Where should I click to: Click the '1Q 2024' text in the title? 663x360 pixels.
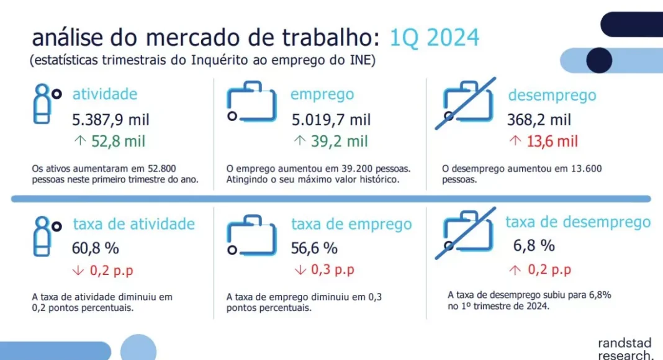click(x=435, y=38)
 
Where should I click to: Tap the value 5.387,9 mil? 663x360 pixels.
click(x=110, y=120)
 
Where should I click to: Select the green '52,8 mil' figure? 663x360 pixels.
click(x=119, y=141)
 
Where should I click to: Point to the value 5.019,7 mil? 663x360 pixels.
click(x=331, y=120)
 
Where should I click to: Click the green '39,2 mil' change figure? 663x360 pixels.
click(x=340, y=141)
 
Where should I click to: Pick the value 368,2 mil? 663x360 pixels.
click(x=539, y=120)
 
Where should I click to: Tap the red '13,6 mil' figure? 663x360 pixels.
click(x=552, y=141)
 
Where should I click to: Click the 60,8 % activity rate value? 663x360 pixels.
click(x=96, y=248)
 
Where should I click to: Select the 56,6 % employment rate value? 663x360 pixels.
click(x=314, y=248)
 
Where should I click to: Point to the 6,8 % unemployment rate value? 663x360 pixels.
click(x=534, y=246)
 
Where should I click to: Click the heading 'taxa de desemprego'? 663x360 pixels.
click(x=578, y=222)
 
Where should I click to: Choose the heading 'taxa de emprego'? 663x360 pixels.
click(x=351, y=224)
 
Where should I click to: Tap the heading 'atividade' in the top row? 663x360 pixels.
click(x=105, y=94)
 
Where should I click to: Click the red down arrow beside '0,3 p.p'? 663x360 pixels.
click(x=300, y=270)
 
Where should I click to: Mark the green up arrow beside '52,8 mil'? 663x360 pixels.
click(x=80, y=140)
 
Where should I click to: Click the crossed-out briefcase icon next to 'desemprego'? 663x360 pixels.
click(x=466, y=104)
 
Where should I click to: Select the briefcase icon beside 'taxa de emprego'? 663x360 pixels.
click(x=251, y=235)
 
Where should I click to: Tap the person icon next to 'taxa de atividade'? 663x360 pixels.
click(x=47, y=236)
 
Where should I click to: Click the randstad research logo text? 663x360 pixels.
click(x=625, y=349)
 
